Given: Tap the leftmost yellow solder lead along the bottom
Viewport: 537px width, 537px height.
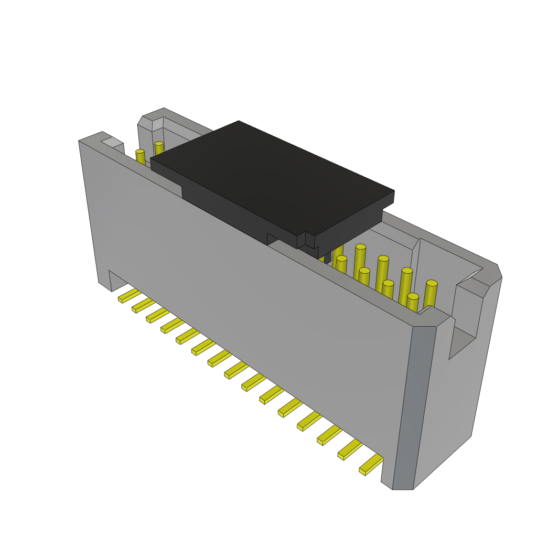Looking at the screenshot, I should click(129, 295).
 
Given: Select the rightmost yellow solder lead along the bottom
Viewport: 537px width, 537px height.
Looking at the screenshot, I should click(371, 464).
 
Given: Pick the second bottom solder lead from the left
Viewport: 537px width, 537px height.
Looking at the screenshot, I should click(143, 305).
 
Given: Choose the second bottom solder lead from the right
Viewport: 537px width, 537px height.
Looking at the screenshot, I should click(350, 449).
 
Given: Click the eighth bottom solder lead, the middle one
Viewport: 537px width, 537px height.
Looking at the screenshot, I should click(235, 369).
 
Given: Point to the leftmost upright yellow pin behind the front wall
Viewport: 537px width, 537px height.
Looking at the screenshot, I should click(140, 157).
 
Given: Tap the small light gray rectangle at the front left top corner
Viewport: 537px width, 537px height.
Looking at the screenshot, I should click(112, 142).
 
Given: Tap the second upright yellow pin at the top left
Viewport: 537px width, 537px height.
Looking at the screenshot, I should click(159, 149).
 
